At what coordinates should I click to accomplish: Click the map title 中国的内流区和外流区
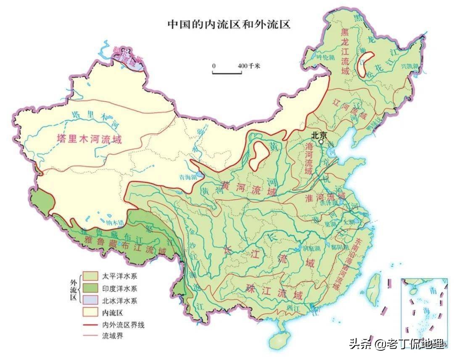coord(230,24)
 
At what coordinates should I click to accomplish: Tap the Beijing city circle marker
coord(322,142)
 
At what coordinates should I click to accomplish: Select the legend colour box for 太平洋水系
coord(90,276)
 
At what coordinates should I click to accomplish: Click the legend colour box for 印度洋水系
coord(90,289)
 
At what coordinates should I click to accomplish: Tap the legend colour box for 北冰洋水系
coord(90,301)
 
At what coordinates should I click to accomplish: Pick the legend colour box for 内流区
coord(90,312)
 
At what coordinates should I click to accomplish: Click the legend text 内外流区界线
coord(124,325)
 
